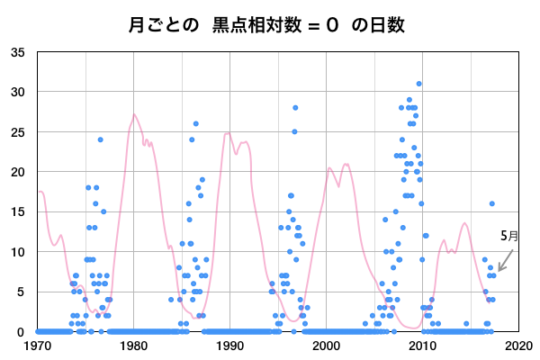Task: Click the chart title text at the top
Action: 270,24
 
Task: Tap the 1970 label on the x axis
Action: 38,345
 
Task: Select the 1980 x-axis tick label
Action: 134,345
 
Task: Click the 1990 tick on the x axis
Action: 230,345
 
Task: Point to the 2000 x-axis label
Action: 326,345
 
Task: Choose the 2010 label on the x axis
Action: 422,345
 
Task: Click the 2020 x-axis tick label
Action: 517,345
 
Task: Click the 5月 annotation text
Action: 509,236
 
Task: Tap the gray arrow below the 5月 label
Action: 505,260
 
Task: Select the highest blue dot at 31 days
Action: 418,84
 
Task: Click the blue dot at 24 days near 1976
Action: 101,139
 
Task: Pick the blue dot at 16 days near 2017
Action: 491,203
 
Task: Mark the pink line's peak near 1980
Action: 134,114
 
